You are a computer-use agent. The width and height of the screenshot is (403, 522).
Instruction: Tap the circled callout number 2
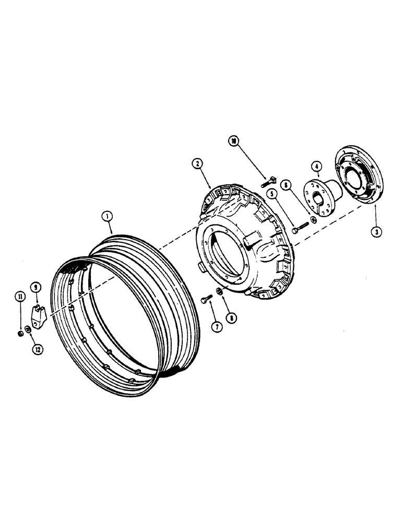pos(197,164)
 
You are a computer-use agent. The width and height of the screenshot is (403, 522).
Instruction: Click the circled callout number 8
pos(229,316)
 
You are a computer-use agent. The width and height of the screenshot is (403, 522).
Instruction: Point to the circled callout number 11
pos(20,298)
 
